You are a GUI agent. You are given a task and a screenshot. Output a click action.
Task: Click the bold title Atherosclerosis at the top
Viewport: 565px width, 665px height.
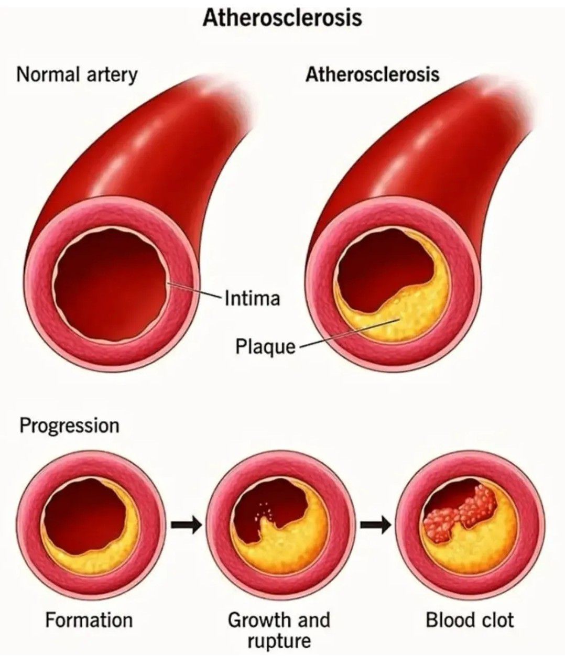282,18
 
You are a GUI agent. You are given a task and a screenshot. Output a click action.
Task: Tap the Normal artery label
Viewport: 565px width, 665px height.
77,75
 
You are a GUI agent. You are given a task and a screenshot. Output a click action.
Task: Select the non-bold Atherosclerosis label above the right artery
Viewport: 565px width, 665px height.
372,75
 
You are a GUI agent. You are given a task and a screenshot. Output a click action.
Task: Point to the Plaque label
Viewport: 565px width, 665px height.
265,346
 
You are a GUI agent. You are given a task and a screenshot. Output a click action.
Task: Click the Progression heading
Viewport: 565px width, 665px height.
69,426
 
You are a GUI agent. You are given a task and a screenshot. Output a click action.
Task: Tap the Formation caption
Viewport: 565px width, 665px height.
89,620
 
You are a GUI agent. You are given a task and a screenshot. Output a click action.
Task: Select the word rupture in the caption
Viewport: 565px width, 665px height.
279,640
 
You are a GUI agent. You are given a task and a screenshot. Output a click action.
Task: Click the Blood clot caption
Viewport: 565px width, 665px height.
470,620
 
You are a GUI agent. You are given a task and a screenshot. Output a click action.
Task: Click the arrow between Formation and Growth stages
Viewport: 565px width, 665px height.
186,524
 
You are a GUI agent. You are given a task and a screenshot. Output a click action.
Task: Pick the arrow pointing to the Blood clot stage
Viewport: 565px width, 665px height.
376,524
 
